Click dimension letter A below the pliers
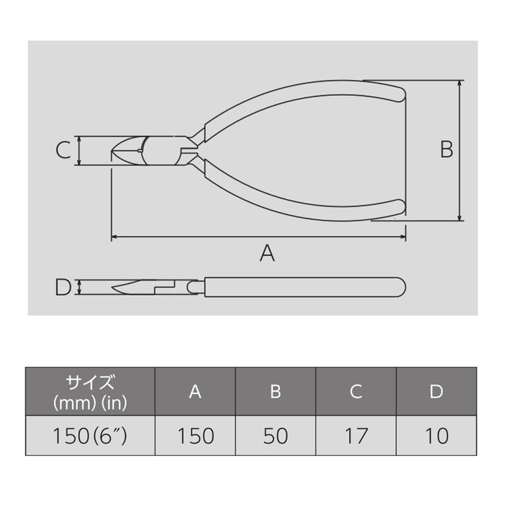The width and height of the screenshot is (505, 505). tap(268, 253)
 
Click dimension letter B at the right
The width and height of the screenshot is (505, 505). tap(447, 149)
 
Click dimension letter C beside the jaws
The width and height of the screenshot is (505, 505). tap(63, 150)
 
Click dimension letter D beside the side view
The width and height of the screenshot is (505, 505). tap(63, 287)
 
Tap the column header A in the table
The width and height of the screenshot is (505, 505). tap(195, 391)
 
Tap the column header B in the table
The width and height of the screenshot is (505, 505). tap(275, 391)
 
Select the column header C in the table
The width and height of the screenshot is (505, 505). tap(356, 391)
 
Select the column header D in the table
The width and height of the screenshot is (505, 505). tap(436, 391)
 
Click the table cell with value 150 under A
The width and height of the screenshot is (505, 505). tap(195, 436)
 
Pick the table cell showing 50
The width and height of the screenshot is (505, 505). tap(275, 436)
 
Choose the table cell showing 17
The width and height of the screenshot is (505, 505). tap(356, 436)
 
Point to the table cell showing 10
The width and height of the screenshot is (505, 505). tap(436, 436)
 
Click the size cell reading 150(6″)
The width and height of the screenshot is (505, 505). tap(90, 436)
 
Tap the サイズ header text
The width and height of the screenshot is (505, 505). tap(90, 382)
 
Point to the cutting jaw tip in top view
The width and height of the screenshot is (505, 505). tap(115, 151)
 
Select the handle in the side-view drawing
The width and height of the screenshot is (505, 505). tap(303, 287)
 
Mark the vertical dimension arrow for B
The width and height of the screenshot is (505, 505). tap(460, 149)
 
